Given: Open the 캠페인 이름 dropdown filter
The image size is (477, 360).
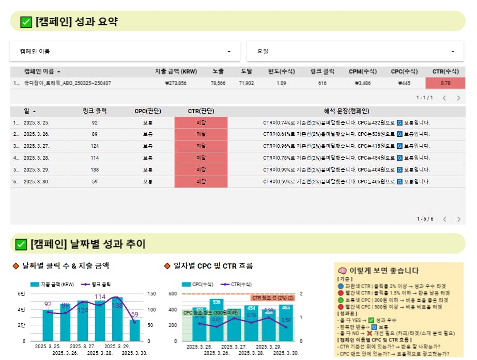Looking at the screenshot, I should pyautogui.click(x=125, y=52).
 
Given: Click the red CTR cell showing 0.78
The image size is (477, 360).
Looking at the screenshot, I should pyautogui.click(x=445, y=83).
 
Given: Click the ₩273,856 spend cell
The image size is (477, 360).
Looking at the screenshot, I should pyautogui.click(x=176, y=83).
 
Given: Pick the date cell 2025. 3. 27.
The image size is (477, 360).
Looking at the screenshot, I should pyautogui.click(x=37, y=146).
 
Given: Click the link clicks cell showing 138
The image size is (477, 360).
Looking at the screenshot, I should pyautogui.click(x=94, y=169).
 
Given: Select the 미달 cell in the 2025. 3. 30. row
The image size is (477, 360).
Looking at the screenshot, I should pyautogui.click(x=201, y=181).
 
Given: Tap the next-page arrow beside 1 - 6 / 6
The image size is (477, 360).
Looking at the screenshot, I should pyautogui.click(x=458, y=219).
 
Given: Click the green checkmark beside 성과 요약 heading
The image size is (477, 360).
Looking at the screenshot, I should pyautogui.click(x=26, y=22).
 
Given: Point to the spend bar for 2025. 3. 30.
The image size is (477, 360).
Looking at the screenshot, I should pyautogui.click(x=135, y=330).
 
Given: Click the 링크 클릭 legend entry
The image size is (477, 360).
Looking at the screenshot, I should pyautogui.click(x=98, y=284).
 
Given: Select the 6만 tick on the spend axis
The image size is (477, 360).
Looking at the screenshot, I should pyautogui.click(x=22, y=294).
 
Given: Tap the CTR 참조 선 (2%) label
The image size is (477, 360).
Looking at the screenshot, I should pyautogui.click(x=273, y=298).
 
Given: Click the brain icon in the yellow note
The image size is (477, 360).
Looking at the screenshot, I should pyautogui.click(x=342, y=271).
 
